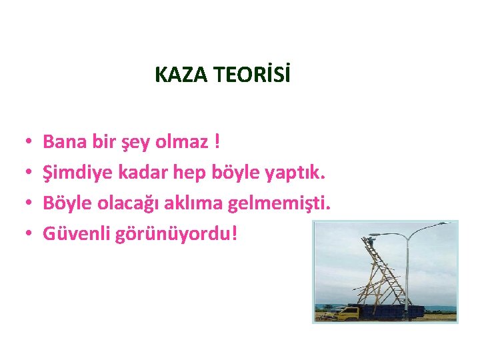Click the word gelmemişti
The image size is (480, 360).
point(279,203)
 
